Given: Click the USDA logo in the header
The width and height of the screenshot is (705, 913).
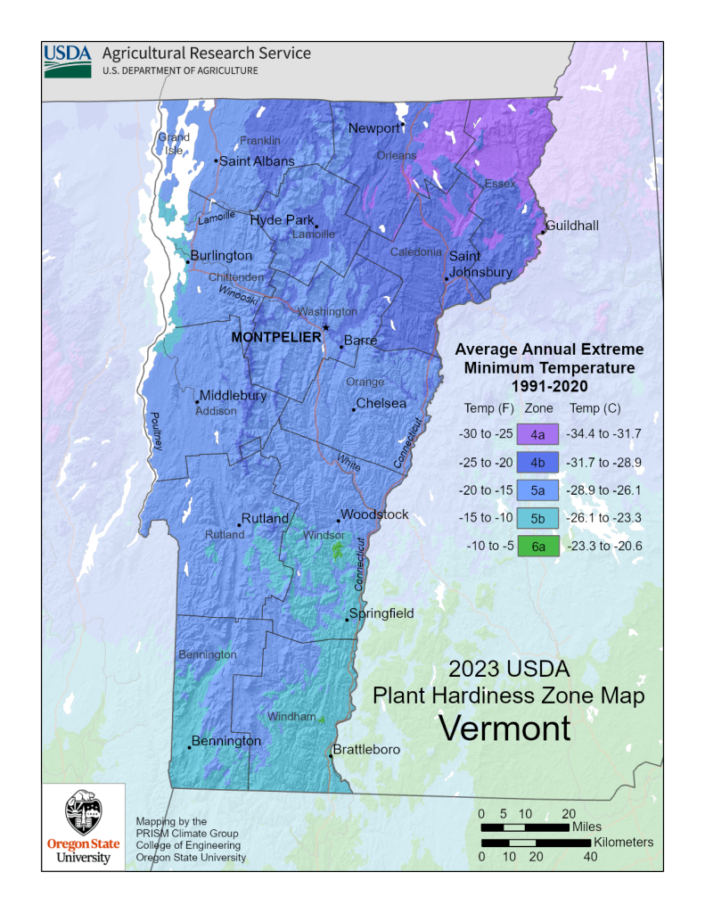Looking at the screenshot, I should [x=69, y=58].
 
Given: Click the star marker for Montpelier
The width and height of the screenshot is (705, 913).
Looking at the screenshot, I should [x=326, y=328].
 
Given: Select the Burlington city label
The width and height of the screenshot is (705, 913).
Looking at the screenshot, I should [x=221, y=256].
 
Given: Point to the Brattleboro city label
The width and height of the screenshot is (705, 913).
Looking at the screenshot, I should [x=367, y=750].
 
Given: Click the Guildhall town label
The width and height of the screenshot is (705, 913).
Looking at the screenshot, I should [x=572, y=226].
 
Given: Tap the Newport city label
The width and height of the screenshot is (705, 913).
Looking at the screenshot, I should [x=373, y=128].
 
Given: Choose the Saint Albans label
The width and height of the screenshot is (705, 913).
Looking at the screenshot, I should [x=257, y=161].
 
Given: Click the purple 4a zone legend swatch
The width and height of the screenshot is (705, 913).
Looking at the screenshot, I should [x=538, y=435].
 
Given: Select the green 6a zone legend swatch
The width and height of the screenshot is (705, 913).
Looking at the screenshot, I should [x=538, y=547].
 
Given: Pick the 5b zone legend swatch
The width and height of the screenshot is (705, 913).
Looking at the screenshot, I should [x=538, y=519].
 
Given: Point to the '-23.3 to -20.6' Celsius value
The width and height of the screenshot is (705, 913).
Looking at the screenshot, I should [x=604, y=547].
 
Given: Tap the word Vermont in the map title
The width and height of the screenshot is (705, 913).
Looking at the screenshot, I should [x=504, y=728].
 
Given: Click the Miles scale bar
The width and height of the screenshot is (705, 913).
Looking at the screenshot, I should [x=525, y=827].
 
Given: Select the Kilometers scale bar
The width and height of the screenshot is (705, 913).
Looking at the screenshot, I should [x=525, y=843].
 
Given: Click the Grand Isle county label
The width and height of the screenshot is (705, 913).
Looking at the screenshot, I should [x=174, y=144].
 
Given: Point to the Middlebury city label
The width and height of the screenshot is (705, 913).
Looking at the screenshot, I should [x=233, y=395].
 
